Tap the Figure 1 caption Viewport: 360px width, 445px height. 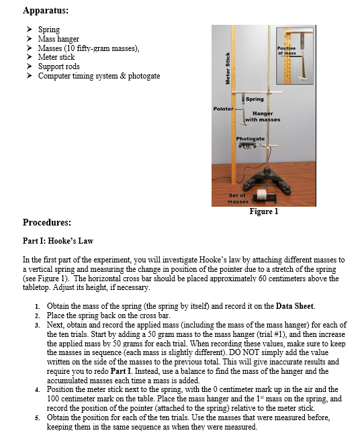tap(263, 211)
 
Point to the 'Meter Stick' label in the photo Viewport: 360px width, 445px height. tap(227, 67)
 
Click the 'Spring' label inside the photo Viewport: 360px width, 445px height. tap(255, 99)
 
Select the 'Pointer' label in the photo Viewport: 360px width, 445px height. tap(222, 108)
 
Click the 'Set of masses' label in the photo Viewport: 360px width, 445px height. tap(238, 198)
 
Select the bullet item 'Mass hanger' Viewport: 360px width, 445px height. tap(58, 39)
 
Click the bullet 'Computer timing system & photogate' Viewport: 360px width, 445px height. tap(99, 76)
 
